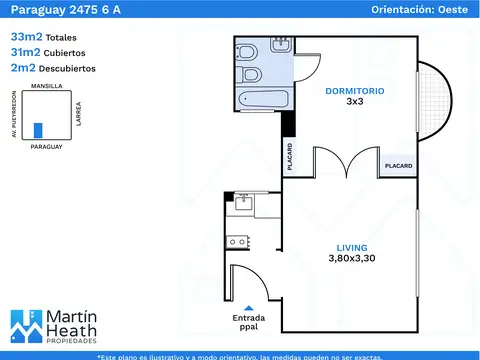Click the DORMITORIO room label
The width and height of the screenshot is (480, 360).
pos(355,91)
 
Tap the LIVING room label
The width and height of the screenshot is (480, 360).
pos(352,248)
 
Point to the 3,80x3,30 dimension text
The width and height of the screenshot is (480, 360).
pos(352,258)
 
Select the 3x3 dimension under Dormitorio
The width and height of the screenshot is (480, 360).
pos(355,101)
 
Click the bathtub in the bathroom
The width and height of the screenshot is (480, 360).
pos(263,99)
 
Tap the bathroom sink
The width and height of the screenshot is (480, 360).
pos(281,45)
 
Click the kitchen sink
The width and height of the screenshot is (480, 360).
pos(244,202)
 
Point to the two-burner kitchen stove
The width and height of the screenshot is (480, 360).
pos(238,242)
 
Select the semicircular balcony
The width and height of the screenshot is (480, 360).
pos(435,101)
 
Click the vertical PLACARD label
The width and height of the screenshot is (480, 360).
pos(290,157)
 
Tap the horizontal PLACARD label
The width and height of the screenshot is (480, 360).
pos(399,166)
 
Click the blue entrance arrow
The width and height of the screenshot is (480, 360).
pos(249,308)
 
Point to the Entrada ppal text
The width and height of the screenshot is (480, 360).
pos(249,322)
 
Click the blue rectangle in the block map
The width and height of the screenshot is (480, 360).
pos(38,130)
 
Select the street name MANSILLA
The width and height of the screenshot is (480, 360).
pos(47,86)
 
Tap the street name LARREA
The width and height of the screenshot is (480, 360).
pos(79,114)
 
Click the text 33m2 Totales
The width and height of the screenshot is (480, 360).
pos(44,37)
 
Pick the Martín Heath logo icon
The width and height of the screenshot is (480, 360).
pos(27,327)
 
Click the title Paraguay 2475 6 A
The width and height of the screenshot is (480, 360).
pos(66,10)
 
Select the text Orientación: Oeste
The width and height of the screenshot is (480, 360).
pos(420,10)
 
